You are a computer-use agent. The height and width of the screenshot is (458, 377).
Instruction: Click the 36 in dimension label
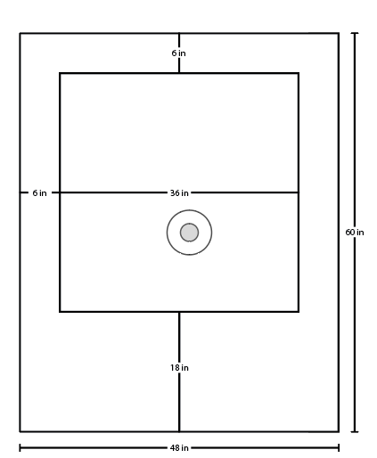179,193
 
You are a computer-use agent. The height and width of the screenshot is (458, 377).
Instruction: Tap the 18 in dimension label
179,368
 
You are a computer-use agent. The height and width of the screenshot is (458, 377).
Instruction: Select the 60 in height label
355,233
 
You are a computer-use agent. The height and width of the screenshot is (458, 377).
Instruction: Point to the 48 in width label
179,447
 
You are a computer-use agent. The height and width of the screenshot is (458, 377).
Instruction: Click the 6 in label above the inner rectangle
178,53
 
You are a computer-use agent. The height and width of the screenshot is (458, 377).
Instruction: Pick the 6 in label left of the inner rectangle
39,193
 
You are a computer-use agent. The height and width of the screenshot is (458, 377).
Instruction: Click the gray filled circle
189,233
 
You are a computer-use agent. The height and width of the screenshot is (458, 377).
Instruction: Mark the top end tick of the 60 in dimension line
355,33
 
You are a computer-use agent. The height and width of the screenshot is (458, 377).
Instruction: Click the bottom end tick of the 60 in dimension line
355,431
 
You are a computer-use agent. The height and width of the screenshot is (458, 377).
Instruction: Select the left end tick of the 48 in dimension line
20,447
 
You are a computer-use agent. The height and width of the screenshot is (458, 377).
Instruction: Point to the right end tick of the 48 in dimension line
339,447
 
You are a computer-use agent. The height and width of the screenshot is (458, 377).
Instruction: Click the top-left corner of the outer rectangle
20,33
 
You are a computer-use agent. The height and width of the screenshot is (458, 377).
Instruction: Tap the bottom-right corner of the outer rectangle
339,431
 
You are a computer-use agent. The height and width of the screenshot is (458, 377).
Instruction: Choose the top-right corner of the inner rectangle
299,73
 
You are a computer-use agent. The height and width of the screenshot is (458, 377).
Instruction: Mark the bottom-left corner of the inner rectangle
60,312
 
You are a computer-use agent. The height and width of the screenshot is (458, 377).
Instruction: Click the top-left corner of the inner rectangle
60,73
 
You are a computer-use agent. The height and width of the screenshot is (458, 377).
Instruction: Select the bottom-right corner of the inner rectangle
299,312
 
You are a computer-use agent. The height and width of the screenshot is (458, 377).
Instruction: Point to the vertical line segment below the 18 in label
179,402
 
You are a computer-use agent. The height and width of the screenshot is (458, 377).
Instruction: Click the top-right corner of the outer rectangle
339,33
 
